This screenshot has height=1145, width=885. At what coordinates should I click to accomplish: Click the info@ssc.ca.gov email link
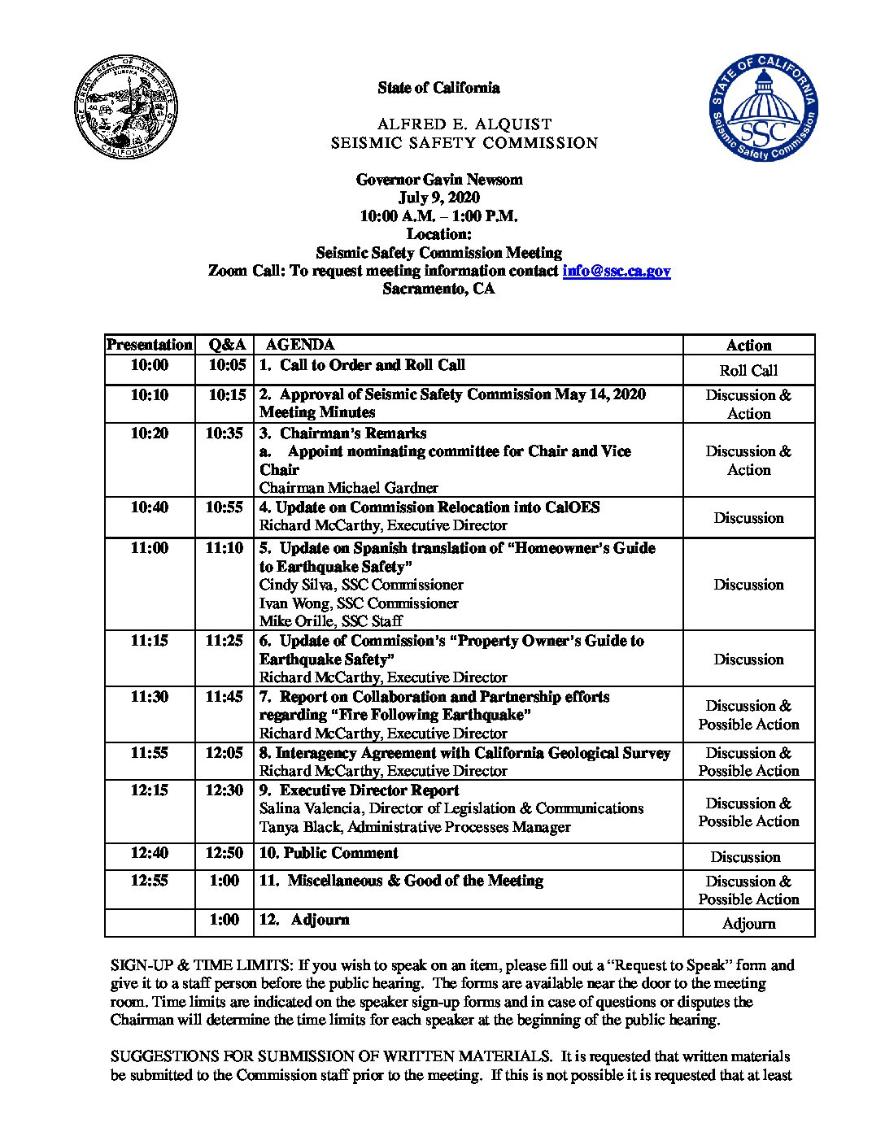tap(616, 272)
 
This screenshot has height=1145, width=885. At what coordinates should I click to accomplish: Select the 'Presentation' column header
tap(150, 345)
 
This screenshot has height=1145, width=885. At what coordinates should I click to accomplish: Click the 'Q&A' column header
tap(224, 345)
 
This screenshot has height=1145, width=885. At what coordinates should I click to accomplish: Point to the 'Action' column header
tap(748, 346)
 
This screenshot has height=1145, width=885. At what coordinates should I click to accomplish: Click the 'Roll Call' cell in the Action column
tap(748, 371)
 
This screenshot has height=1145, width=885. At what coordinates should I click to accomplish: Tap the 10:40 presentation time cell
tap(150, 507)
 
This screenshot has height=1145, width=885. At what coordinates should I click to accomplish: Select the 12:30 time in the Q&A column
tap(224, 790)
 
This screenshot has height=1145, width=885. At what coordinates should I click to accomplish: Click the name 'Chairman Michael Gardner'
tap(348, 488)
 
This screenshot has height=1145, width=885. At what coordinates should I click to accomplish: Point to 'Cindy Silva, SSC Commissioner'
tap(361, 585)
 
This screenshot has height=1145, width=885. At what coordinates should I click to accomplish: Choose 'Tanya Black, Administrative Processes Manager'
tap(415, 827)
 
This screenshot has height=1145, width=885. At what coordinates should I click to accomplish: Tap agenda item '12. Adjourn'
tap(305, 920)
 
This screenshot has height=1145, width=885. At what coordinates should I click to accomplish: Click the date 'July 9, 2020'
tap(439, 198)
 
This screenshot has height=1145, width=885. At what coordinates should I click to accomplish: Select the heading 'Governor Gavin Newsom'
tap(439, 180)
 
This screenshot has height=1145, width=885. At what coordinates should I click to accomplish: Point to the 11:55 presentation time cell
tap(150, 753)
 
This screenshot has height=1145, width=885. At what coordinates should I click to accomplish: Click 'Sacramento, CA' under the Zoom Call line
tap(439, 290)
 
